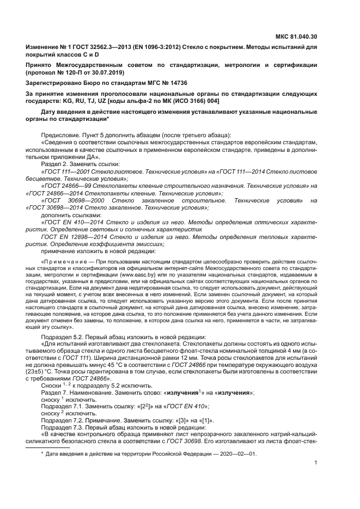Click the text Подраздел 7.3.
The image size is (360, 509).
pos(63,428)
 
